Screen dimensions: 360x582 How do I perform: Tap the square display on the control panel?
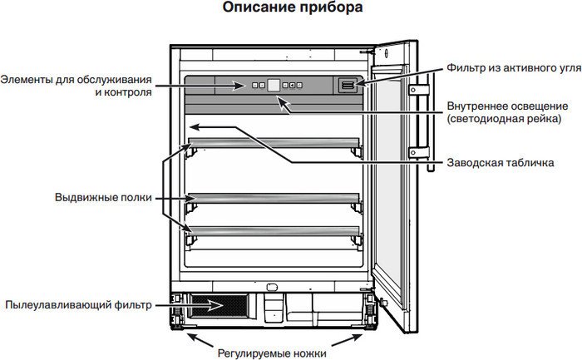[273, 84]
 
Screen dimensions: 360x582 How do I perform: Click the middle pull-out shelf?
[274, 197]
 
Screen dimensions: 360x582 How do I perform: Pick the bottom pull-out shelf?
[274, 230]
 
